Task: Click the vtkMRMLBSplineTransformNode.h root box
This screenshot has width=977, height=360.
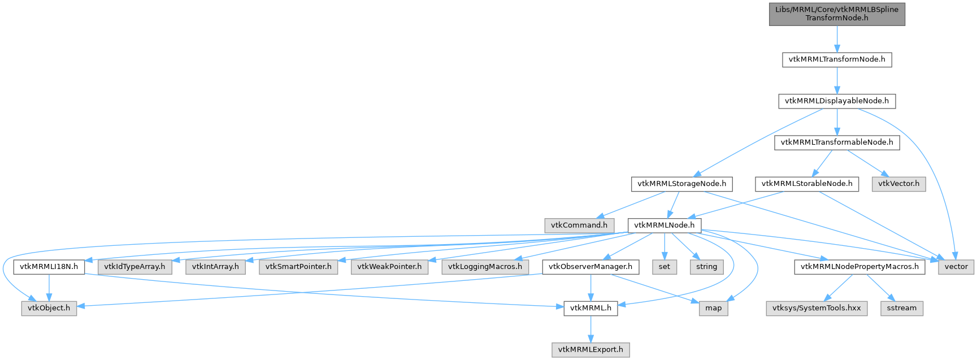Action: pos(836,14)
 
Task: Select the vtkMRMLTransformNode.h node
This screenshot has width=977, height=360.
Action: pos(836,59)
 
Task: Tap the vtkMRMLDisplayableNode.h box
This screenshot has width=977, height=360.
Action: pos(836,101)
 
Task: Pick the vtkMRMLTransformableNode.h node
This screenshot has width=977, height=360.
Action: pos(836,142)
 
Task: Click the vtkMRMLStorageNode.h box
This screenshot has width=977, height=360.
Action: pos(681,184)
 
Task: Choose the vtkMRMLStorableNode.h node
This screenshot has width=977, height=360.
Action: pos(806,184)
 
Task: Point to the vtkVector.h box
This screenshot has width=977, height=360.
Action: pos(898,184)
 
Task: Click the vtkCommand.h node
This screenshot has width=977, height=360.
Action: pos(579,225)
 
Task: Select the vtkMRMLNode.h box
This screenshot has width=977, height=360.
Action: pos(664,225)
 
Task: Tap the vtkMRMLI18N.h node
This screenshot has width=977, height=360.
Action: pos(49,266)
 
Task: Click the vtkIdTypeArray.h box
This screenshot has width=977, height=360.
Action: pos(134,266)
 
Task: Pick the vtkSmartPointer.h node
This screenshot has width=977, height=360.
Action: pos(298,266)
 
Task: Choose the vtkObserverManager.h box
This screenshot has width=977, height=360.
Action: pos(590,266)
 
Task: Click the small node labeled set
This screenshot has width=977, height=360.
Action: pos(664,266)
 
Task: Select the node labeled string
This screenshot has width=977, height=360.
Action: pos(706,266)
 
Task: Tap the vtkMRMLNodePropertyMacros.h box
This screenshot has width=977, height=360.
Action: pos(859,266)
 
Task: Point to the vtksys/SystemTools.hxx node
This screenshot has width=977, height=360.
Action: pos(817,308)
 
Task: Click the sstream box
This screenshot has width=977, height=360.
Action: pos(901,308)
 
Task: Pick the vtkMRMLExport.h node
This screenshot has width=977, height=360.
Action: pos(590,349)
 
